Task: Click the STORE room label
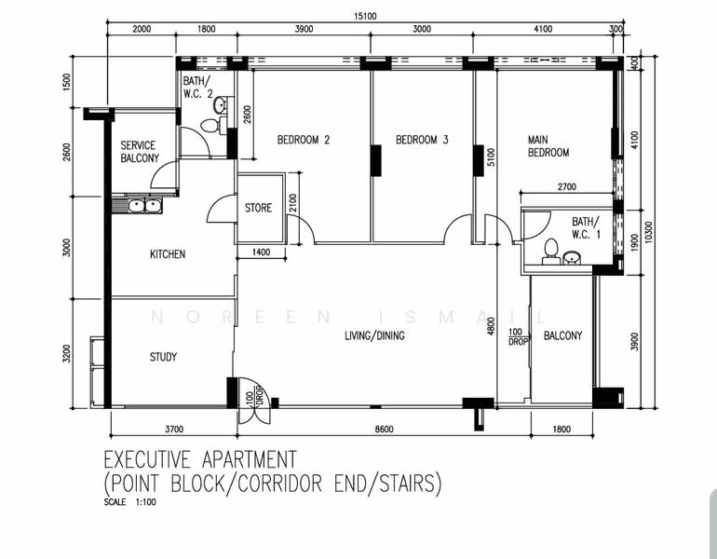258,208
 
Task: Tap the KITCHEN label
168,254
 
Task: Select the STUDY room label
163,357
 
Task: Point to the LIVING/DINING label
374,335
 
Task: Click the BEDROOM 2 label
304,140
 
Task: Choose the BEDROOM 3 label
422,140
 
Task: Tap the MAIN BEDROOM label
548,146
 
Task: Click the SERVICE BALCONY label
140,152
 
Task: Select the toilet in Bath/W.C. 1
551,251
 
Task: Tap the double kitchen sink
144,205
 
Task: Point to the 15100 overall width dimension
365,17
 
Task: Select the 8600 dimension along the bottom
384,429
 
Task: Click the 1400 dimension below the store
261,252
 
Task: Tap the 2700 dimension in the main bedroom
567,186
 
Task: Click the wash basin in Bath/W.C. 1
572,257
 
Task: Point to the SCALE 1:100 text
129,502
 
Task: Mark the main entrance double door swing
254,402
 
